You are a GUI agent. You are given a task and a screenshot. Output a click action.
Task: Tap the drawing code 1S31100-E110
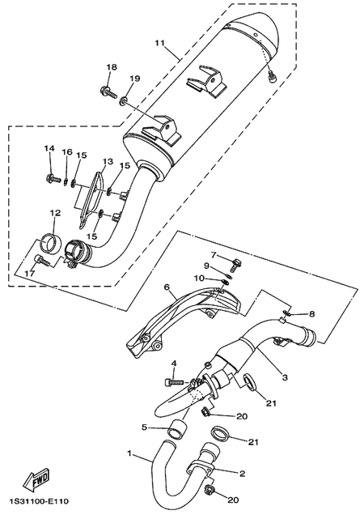(40, 501)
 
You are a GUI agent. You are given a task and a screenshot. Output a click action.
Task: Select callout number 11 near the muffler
(160, 44)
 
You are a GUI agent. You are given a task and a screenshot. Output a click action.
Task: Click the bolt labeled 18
(108, 91)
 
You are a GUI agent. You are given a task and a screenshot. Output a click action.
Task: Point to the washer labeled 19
(123, 100)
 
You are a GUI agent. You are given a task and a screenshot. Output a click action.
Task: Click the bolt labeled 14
(53, 179)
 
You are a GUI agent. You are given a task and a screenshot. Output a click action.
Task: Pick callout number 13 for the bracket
(108, 161)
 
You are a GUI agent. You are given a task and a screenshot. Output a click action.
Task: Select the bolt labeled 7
(235, 265)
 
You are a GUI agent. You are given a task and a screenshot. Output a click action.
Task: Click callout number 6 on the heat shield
(167, 287)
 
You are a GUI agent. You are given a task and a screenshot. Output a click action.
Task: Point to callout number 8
(311, 314)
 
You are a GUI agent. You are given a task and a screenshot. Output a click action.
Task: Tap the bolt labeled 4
(173, 382)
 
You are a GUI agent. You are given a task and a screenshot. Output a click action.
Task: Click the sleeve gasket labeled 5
(176, 430)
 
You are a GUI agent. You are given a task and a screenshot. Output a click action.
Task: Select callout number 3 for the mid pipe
(285, 377)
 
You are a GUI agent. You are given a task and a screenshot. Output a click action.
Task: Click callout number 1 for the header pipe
(130, 453)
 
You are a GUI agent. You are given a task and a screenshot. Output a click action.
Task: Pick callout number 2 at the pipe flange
(242, 474)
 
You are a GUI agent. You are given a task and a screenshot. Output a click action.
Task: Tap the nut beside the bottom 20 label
(209, 488)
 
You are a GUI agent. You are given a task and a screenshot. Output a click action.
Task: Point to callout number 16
(67, 152)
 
